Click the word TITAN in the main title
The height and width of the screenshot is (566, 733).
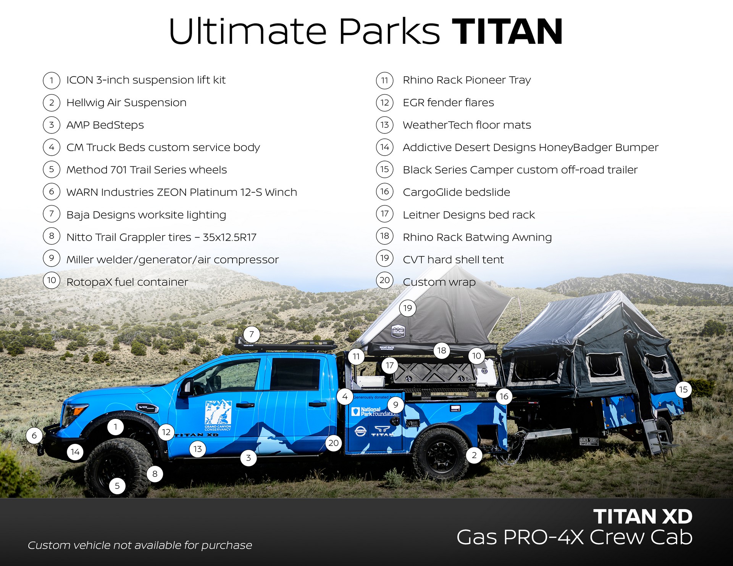click(x=507, y=32)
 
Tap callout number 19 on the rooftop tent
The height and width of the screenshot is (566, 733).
click(x=407, y=308)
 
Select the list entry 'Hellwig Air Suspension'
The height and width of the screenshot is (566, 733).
click(x=126, y=103)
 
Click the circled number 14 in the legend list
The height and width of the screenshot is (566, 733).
click(x=384, y=147)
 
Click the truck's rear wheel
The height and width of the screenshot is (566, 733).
click(x=441, y=454)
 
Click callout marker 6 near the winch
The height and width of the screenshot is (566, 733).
click(x=34, y=436)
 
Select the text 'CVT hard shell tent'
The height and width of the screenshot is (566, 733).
click(x=453, y=260)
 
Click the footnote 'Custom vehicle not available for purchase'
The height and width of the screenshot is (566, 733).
click(x=140, y=545)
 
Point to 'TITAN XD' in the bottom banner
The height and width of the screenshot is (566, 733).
click(x=643, y=517)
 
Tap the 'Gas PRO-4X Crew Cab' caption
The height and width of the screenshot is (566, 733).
click(x=574, y=537)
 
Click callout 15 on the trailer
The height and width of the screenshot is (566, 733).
click(x=683, y=389)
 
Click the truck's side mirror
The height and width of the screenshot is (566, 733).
click(x=187, y=387)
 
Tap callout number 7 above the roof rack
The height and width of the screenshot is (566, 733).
click(x=252, y=334)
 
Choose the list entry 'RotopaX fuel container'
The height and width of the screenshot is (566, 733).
click(x=127, y=282)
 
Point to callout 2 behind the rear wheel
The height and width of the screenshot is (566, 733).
click(x=474, y=455)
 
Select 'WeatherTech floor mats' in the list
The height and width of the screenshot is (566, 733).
click(x=467, y=125)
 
